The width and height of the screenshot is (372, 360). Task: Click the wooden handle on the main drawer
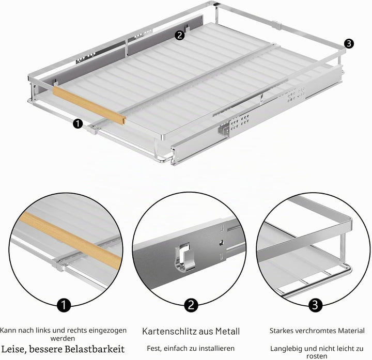pos(89,105)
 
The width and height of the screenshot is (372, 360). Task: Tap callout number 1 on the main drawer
pos(78,124)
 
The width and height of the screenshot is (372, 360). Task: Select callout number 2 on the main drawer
pos(180,35)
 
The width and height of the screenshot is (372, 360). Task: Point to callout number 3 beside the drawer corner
pos(349,43)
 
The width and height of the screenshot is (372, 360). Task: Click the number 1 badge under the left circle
pos(64,305)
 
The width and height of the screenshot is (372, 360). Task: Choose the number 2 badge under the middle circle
pos(191,305)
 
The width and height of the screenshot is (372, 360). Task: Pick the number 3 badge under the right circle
pos(315,305)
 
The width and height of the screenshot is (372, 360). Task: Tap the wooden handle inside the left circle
pos(71,241)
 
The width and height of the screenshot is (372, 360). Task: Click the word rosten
pos(317,356)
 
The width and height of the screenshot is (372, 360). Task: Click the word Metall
pos(227,331)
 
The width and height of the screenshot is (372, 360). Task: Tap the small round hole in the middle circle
pos(221,242)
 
